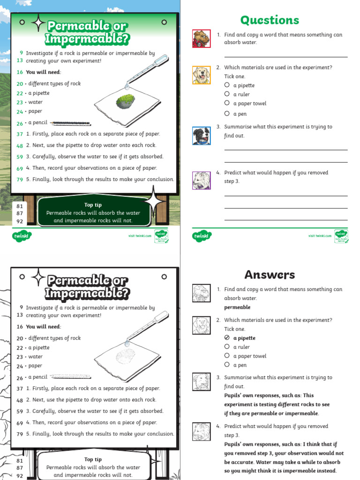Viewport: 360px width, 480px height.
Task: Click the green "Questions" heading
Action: point(269,20)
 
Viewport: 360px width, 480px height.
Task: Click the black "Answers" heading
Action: point(270,275)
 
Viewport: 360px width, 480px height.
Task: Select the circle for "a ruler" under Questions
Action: point(227,94)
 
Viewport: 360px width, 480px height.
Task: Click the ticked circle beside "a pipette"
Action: point(227,337)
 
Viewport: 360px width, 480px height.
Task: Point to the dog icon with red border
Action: point(201,39)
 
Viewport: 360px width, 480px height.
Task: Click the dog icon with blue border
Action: point(201,136)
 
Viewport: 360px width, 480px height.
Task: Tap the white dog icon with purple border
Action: point(201,180)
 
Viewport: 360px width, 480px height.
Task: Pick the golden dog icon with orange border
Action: point(201,75)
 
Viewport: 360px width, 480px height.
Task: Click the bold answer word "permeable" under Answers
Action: point(237,307)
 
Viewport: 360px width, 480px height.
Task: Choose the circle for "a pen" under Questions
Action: point(227,113)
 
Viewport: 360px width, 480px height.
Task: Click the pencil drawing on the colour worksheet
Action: point(70,124)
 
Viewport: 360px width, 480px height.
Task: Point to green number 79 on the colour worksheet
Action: point(20,180)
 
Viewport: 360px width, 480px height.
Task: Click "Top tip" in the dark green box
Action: point(93,205)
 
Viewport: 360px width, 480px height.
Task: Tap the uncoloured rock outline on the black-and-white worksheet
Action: point(125,356)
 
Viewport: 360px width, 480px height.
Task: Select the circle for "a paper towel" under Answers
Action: point(227,356)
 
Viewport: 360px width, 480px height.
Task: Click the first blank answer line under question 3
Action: point(286,150)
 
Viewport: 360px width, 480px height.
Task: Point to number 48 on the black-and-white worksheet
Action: point(20,400)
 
